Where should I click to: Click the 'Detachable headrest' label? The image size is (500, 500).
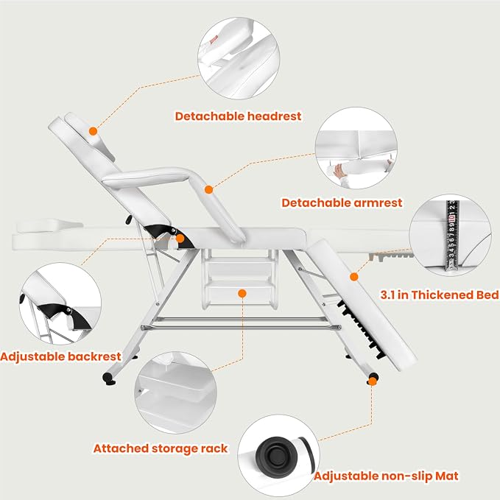coord(238,116)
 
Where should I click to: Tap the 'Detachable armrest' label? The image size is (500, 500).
coord(342,203)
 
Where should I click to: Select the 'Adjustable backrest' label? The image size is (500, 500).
coord(60,356)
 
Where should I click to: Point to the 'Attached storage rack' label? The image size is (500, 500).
coord(161,448)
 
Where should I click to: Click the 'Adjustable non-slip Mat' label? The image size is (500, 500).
coord(386,476)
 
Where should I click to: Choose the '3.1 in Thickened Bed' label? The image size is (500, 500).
coord(440,295)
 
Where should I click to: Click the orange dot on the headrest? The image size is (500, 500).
coord(93,131)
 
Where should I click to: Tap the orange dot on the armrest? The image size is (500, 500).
coord(208,190)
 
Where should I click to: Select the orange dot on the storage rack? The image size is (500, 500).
coord(242,293)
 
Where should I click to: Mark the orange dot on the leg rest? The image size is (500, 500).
coord(354,277)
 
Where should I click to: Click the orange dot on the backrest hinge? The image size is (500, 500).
coord(180,238)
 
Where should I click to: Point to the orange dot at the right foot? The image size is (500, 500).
coord(373,381)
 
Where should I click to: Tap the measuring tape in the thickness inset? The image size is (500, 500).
coord(452,236)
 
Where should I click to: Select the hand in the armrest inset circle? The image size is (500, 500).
coord(339,172)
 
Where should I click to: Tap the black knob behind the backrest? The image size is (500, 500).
coord(129,219)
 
